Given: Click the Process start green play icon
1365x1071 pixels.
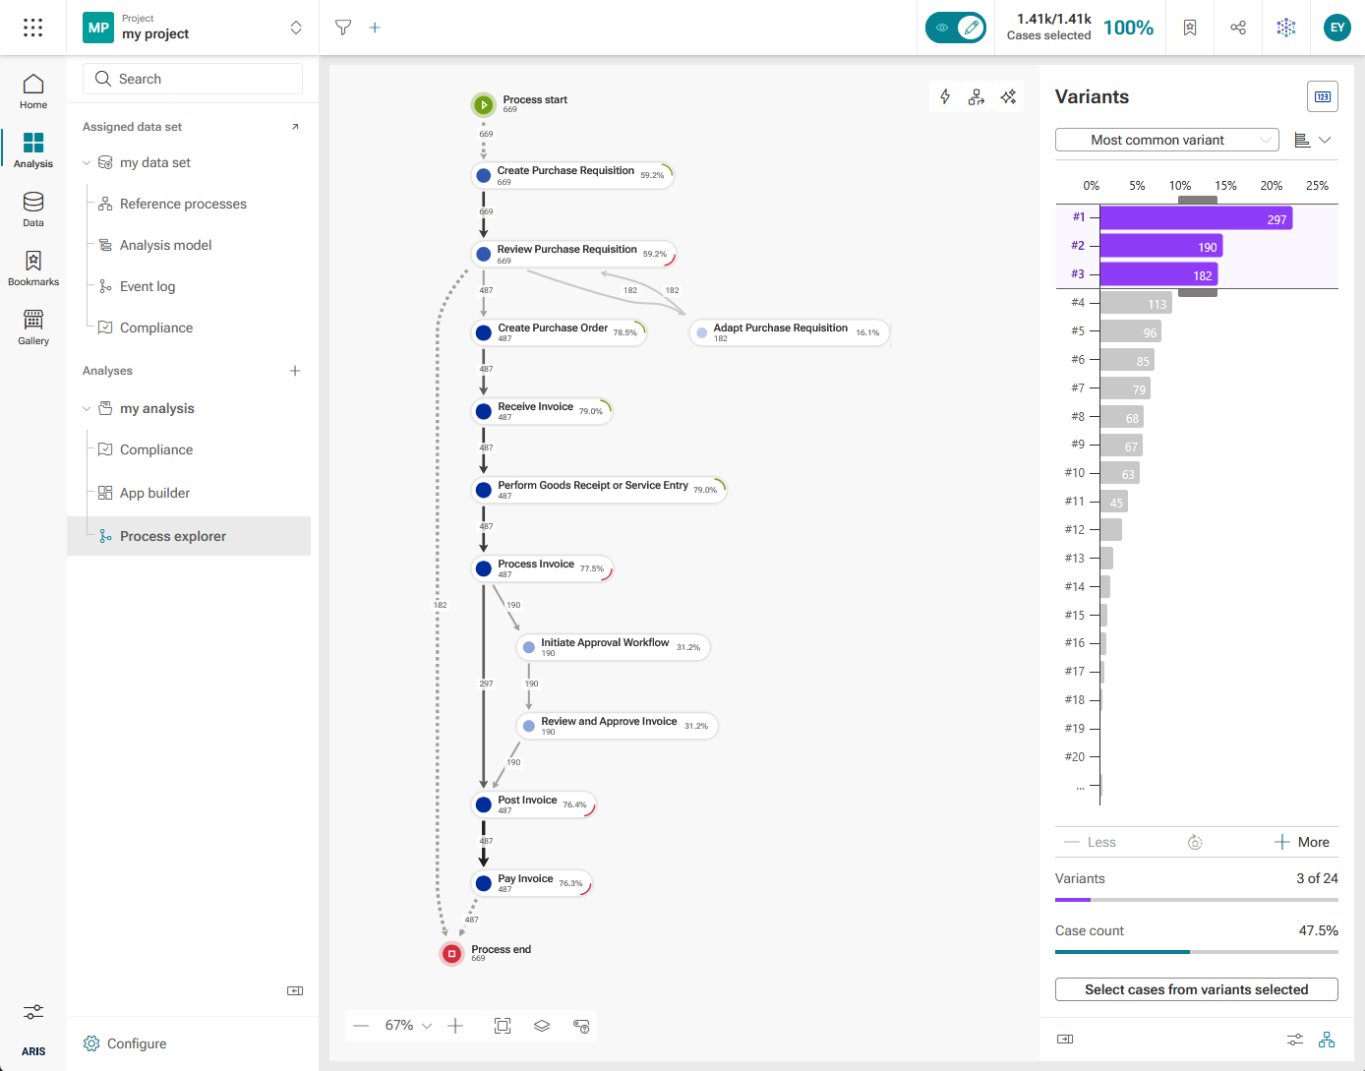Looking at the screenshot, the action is point(483,105).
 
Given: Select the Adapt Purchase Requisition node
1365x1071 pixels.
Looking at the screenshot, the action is point(789,332).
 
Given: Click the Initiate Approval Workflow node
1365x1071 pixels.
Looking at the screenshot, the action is point(613,647).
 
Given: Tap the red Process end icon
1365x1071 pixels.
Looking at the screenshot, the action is point(451,954).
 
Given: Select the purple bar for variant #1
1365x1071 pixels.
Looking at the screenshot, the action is point(1196,219).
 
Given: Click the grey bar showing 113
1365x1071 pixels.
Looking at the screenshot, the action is point(1136,304).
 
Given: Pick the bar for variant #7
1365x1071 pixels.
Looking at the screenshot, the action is point(1125,389).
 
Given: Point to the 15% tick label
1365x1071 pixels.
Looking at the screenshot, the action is point(1225,186).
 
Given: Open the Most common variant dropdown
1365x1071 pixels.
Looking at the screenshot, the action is point(1166,140).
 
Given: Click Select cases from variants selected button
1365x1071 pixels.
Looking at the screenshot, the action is point(1196,989).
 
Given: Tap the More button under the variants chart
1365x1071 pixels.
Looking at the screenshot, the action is point(1301,842).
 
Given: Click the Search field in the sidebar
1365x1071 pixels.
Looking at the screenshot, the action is point(192,79).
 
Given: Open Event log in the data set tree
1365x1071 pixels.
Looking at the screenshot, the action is point(148,286).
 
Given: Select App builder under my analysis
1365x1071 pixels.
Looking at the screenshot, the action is point(154,493).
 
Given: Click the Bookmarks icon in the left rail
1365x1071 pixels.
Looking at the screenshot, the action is point(33,261).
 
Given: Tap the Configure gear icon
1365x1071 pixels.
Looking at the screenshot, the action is point(91,1043).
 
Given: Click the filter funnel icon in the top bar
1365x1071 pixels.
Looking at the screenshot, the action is point(343,28).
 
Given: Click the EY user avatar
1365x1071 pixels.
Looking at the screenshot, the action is point(1336,28).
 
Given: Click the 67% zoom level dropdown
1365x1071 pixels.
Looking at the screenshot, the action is point(408,1026).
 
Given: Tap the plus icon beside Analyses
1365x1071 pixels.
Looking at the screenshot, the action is point(295,371).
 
